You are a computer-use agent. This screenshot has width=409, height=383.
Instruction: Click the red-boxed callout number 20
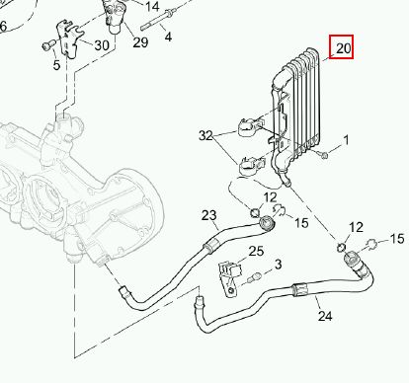click(x=344, y=48)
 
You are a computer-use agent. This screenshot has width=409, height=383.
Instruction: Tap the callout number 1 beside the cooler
click(x=346, y=140)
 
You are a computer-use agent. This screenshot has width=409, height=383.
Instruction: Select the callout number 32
click(x=205, y=135)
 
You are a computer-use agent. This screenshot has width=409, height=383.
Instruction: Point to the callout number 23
click(x=209, y=215)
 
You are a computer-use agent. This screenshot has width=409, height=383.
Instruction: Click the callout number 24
click(x=325, y=316)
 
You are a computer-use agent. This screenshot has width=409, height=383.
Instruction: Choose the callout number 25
click(x=256, y=251)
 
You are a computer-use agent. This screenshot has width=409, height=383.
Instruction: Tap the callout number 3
click(x=279, y=265)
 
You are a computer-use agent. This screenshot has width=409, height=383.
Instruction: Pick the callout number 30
click(x=102, y=45)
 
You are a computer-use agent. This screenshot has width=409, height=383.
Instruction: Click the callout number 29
click(x=140, y=42)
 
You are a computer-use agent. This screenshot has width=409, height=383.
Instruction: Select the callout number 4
click(x=168, y=37)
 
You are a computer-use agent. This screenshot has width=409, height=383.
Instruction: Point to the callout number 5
click(x=56, y=65)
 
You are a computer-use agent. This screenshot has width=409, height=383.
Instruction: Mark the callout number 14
click(x=152, y=6)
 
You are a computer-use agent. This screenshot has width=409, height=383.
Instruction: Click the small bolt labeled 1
click(x=323, y=154)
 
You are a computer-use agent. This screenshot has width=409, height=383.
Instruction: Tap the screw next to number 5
click(x=47, y=45)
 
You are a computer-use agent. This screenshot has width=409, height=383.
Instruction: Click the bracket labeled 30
click(x=69, y=38)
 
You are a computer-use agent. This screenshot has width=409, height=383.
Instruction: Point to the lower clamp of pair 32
click(x=251, y=165)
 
